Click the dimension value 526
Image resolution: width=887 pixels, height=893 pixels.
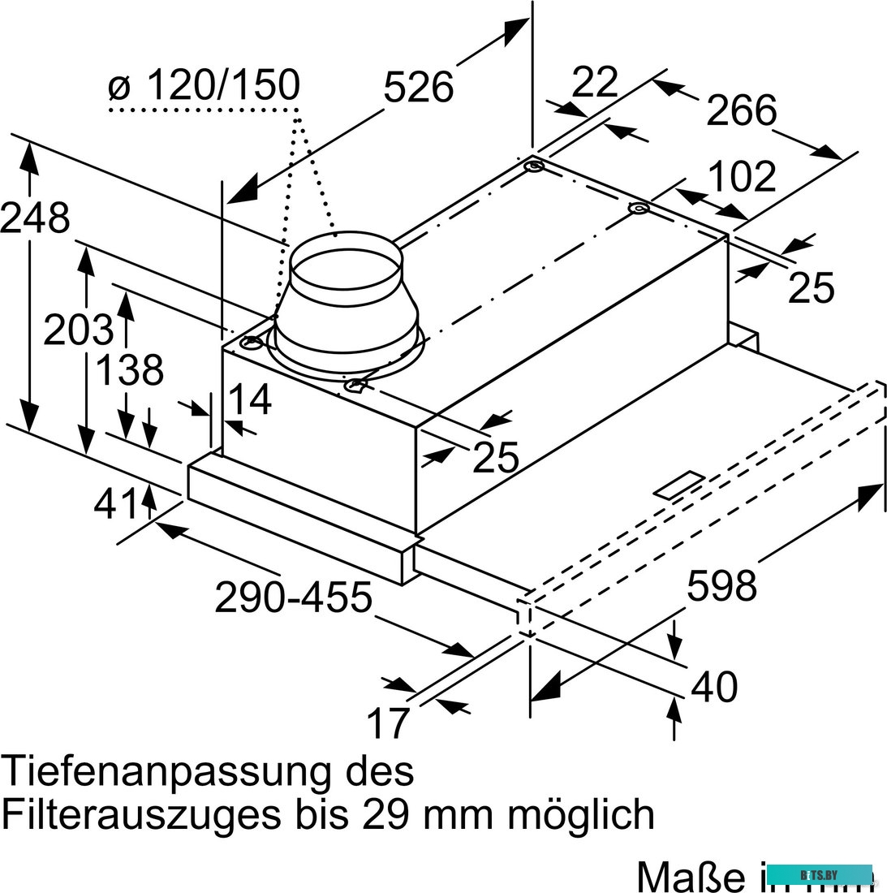pos(418,87)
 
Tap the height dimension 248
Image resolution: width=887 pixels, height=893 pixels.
pos(35,218)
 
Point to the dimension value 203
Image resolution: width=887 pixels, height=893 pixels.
pos(78,330)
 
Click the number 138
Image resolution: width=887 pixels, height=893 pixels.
pos(130,370)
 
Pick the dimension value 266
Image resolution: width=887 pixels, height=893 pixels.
pos(741,111)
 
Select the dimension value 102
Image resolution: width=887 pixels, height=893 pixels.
pos(742,178)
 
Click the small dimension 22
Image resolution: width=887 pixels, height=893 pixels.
pos(595,82)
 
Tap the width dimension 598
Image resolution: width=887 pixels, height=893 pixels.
pos(721,585)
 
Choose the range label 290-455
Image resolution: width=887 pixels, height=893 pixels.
pos(293,598)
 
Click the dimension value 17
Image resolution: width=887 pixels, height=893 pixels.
pos(387,723)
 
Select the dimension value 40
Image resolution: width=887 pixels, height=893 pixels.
pos(714,687)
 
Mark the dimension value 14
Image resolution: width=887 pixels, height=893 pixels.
pos(248,400)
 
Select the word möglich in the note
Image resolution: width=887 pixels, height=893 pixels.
pos(580,813)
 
